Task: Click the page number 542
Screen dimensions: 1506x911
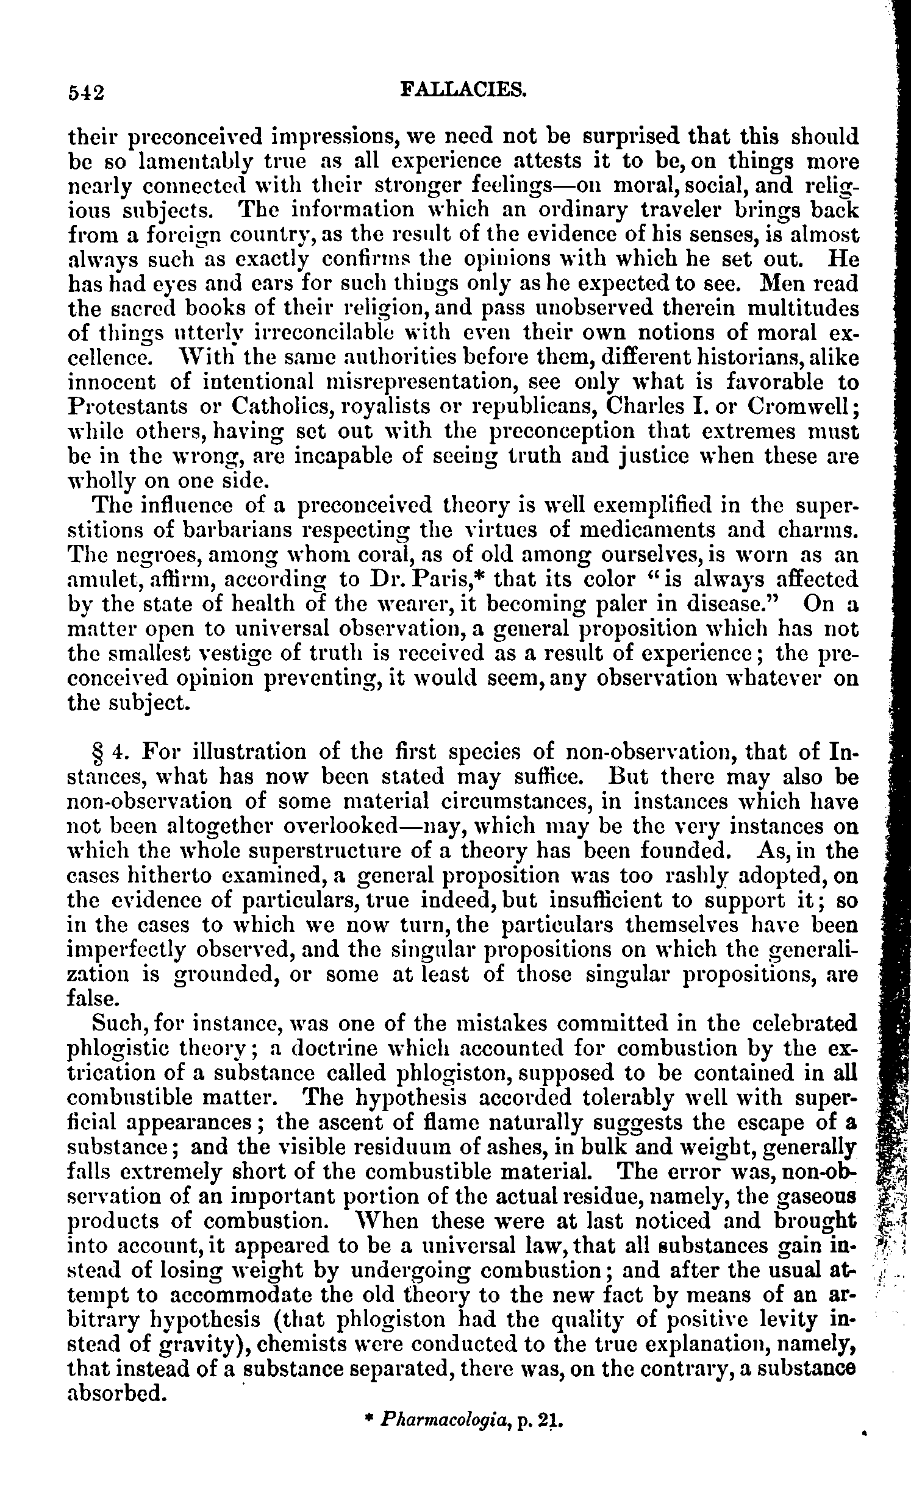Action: (86, 92)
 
